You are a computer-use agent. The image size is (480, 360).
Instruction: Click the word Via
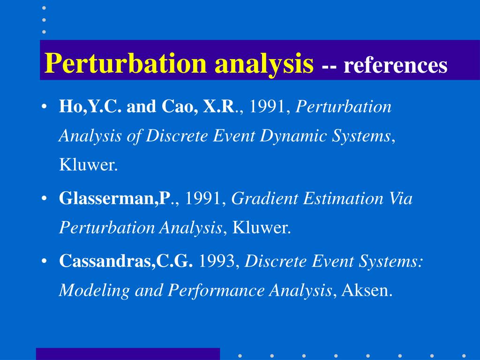pos(401,199)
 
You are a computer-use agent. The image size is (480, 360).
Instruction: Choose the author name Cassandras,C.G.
pos(126,262)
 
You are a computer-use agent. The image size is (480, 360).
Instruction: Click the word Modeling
pos(94,291)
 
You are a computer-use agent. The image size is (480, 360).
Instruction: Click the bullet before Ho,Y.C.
pos(44,107)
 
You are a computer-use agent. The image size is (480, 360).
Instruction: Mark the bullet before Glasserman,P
pos(44,199)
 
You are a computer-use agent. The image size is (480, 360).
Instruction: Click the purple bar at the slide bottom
pos(127,353)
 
